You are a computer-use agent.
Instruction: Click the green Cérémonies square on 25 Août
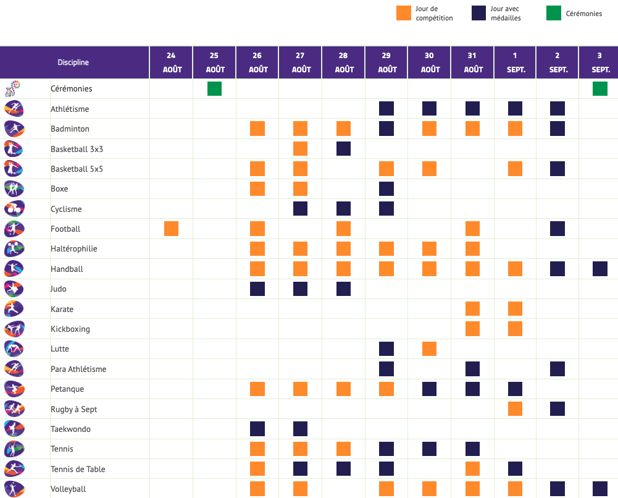214,89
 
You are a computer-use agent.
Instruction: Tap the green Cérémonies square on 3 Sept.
600,89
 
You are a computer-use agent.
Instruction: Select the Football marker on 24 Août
171,229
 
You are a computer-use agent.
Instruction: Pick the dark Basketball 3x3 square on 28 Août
343,149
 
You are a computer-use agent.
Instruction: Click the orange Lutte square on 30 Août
429,349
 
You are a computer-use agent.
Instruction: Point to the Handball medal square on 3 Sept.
600,269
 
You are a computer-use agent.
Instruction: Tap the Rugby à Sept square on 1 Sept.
515,409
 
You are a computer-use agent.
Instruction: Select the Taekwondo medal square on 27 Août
300,429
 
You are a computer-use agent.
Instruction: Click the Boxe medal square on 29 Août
386,189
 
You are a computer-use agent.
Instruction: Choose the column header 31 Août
473,62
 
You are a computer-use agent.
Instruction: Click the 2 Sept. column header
558,62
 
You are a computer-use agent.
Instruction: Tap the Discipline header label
73,62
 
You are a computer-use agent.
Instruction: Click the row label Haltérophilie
73,249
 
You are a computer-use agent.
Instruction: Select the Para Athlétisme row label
78,369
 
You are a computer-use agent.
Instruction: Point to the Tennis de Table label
78,469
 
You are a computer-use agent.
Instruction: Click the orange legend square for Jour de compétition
404,13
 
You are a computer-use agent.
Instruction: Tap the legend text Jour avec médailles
506,14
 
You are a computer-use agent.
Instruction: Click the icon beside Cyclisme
14,209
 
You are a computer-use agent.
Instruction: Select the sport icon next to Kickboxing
14,329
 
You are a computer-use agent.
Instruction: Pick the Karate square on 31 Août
473,309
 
